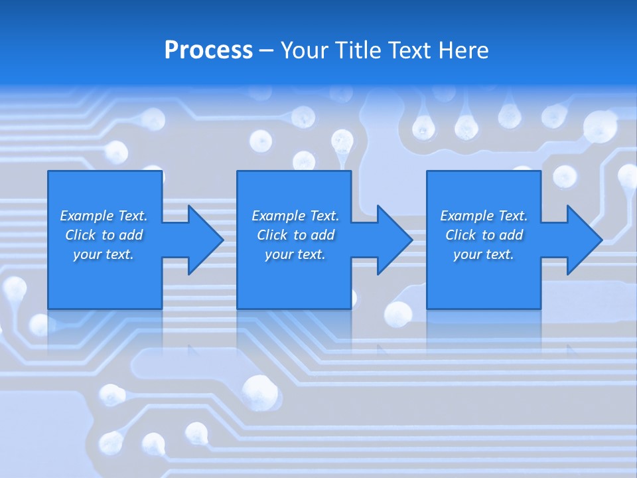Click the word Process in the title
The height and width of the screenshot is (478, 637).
coord(208,50)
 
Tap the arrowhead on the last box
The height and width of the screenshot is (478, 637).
coord(583,240)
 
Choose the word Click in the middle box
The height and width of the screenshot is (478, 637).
coord(272,235)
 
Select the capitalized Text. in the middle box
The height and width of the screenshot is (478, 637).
coord(324,216)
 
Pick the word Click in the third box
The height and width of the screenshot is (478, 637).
coord(460,235)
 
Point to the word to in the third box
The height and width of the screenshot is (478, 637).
coord(489,235)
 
